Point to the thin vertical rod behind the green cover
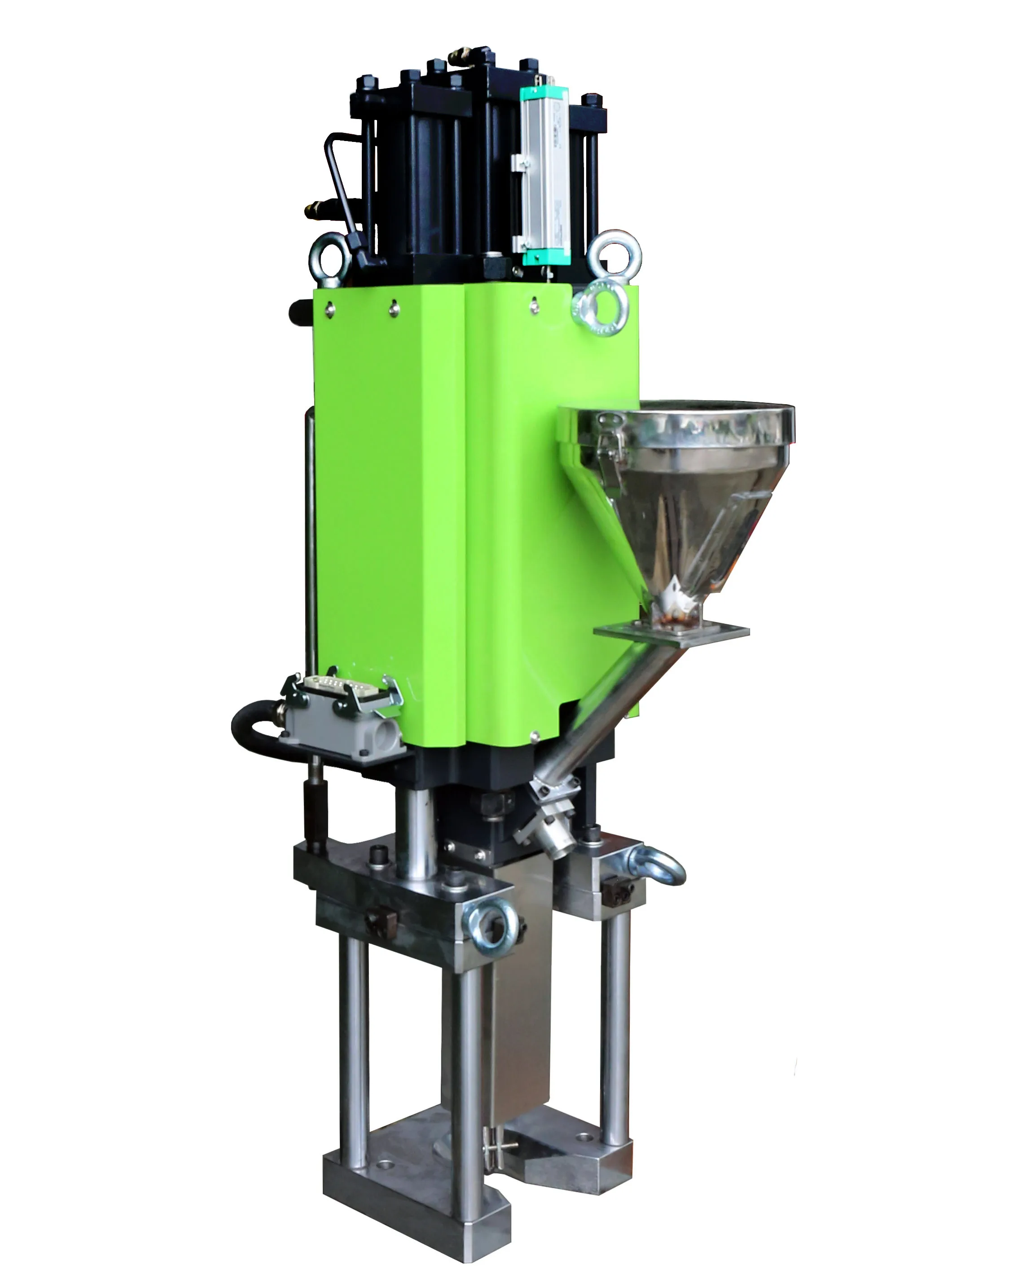click(310, 534)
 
